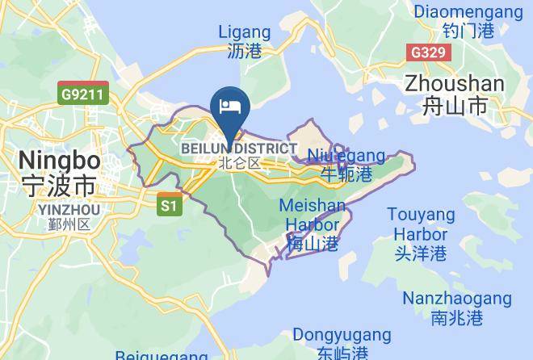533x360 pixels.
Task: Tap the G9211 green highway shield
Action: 83,94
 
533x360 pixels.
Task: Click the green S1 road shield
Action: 168,206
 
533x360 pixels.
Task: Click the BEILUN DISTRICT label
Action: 239,149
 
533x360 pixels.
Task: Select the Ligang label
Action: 245,32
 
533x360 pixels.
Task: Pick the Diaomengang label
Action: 468,12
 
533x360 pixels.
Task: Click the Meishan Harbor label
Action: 312,215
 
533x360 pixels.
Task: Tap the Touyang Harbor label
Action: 420,224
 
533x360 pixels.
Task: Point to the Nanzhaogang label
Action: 457,298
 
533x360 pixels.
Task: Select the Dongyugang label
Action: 342,334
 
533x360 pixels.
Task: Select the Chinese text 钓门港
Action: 468,31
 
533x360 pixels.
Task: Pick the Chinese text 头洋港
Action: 420,253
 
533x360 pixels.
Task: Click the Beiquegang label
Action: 162,355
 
